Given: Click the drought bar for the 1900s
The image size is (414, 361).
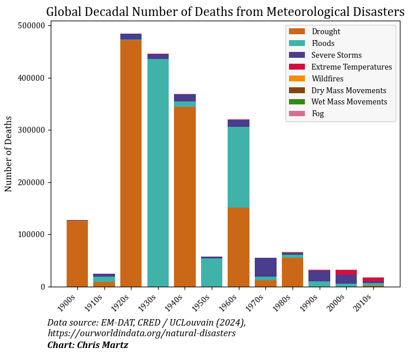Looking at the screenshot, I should [x=77, y=253].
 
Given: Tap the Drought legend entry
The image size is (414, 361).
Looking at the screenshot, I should [x=326, y=32].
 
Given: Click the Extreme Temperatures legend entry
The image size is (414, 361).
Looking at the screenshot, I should [x=351, y=67].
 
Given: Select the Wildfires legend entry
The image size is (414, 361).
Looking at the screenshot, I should [x=327, y=79].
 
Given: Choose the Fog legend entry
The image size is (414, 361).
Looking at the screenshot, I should [x=317, y=114].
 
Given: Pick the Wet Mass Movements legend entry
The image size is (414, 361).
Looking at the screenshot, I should [x=349, y=102].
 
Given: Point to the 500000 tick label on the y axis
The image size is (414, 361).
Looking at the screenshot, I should [x=32, y=26].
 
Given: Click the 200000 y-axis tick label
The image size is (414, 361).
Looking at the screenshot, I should [x=32, y=182].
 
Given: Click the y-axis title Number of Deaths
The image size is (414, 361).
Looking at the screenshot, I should [x=9, y=153].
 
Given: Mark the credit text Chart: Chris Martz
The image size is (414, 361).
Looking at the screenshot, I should [x=88, y=345].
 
